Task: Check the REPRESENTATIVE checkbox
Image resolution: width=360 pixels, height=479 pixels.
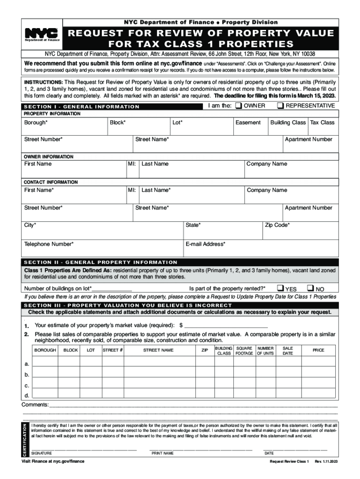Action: click(280, 106)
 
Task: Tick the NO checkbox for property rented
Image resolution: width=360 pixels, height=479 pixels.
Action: click(310, 288)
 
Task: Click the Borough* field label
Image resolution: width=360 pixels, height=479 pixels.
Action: click(36, 123)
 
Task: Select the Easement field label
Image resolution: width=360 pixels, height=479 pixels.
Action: click(248, 123)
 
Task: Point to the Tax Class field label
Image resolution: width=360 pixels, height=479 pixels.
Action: click(322, 123)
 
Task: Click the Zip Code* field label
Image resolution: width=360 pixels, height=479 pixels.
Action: click(277, 225)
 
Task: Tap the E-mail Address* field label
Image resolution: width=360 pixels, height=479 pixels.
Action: click(205, 244)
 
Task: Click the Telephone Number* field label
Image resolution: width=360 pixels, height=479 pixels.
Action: click(49, 244)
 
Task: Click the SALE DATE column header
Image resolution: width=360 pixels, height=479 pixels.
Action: click(288, 350)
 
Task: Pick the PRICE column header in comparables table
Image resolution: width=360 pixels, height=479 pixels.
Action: click(318, 350)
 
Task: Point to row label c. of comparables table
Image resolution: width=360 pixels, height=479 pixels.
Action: click(27, 385)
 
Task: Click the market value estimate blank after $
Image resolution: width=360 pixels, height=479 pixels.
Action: click(226, 325)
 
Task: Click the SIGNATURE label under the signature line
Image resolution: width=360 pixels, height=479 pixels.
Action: click(42, 453)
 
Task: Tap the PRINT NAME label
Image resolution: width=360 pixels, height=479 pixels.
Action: click(163, 453)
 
